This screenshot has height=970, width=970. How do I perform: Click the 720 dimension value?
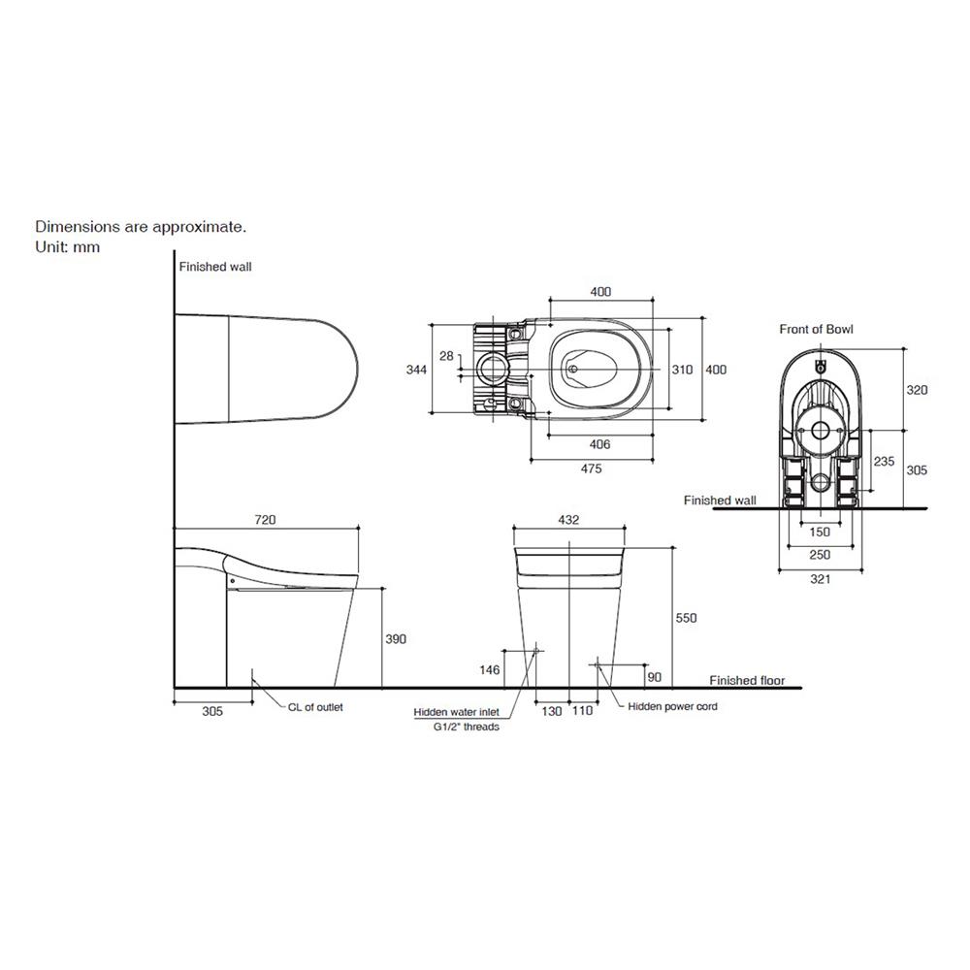click(265, 520)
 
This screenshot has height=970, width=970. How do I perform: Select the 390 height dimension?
click(396, 639)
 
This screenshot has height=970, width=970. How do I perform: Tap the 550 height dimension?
click(686, 617)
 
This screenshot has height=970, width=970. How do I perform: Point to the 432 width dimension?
click(568, 520)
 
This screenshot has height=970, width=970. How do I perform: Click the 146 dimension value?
click(489, 669)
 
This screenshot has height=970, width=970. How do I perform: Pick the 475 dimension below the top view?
click(592, 469)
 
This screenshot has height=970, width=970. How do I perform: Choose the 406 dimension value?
click(599, 444)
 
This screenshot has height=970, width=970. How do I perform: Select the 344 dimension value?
click(416, 370)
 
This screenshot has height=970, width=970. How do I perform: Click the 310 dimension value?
click(682, 370)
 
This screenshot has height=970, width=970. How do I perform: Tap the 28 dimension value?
click(446, 356)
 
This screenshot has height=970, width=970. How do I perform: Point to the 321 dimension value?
click(820, 579)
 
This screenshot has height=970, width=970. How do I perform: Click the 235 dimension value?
click(884, 461)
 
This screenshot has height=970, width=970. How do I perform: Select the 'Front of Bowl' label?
click(816, 329)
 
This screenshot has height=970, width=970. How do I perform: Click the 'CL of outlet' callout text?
click(315, 707)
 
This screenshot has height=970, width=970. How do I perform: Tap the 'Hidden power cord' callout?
click(672, 706)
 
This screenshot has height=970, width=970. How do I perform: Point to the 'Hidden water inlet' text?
click(457, 712)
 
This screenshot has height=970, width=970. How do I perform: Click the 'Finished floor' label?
click(747, 681)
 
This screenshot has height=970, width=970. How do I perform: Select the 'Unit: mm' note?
click(68, 246)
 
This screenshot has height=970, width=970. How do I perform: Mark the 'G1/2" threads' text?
click(466, 727)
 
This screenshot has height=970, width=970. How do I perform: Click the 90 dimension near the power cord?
click(654, 677)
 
